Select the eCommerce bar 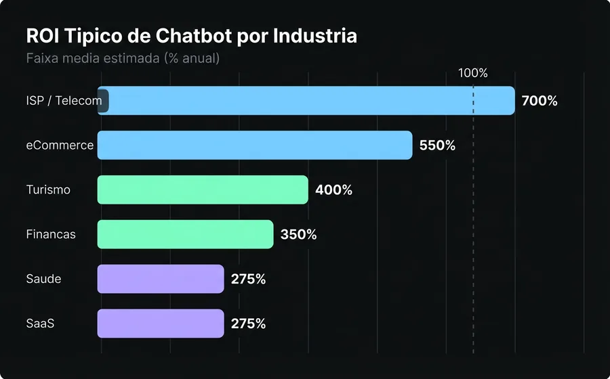255,146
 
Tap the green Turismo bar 203,190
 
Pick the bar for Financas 186,235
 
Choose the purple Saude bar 161,279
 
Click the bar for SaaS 161,324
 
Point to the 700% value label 540,101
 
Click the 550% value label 437,146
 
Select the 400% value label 333,190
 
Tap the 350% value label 299,235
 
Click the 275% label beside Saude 248,279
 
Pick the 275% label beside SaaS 248,324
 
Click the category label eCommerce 60,146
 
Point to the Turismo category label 48,190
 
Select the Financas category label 51,235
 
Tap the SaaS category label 40,324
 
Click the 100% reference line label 473,73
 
